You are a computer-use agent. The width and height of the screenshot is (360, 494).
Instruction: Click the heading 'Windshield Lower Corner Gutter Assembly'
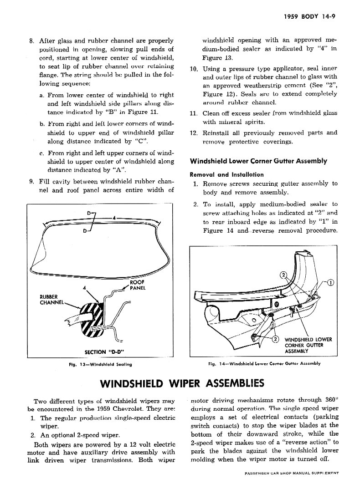[258, 161]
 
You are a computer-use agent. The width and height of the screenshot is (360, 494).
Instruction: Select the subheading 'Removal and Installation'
[226, 174]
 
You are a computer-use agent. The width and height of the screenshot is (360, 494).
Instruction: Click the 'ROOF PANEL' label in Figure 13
[137, 285]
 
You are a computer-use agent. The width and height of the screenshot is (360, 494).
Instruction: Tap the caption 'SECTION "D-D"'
[105, 351]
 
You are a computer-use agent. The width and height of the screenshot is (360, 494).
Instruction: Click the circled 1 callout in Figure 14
[330, 283]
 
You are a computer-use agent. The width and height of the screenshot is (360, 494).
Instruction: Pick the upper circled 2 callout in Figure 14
[282, 275]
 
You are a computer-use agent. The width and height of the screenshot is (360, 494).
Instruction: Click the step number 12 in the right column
[193, 133]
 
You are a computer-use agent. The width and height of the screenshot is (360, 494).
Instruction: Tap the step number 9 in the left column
[31, 181]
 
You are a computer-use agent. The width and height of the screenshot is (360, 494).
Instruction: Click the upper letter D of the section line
[88, 213]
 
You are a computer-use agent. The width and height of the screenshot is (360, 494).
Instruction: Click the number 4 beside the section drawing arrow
[84, 287]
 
